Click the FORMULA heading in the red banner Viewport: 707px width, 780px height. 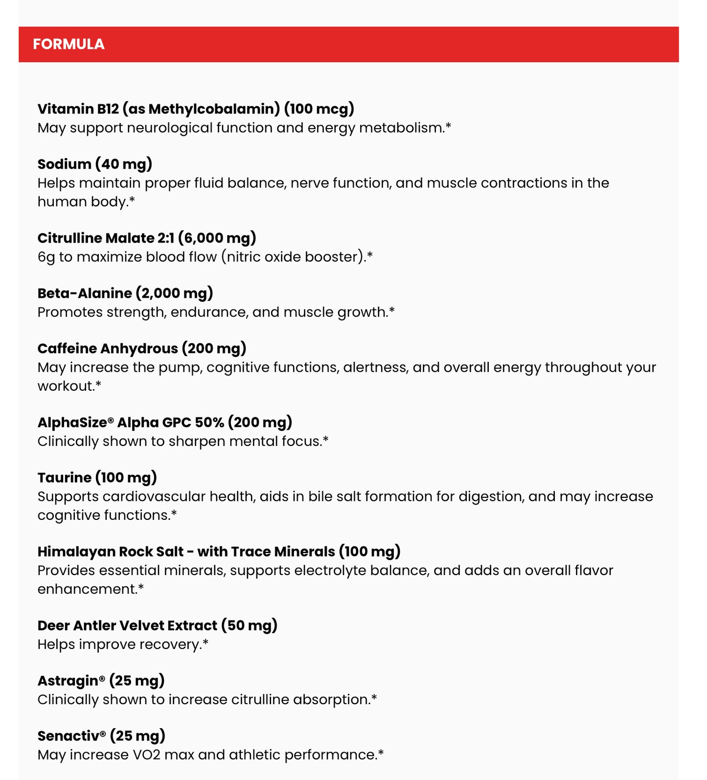pos(68,45)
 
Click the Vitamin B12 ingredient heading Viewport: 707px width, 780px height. pos(196,109)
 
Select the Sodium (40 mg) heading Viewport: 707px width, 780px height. pos(95,164)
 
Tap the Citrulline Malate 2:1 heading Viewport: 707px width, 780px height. pos(147,238)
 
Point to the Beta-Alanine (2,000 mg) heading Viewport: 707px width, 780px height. pos(125,293)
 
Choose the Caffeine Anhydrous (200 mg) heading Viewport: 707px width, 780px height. pos(142,349)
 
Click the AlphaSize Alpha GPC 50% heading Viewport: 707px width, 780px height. pos(165,423)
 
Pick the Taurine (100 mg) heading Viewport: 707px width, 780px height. pos(97,478)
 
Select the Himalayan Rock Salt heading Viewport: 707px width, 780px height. pos(219,552)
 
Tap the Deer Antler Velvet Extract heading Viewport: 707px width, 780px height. pos(158,625)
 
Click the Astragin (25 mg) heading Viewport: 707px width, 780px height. pos(101,681)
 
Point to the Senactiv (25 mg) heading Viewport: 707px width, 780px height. pos(101,736)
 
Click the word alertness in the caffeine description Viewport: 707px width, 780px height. pos(375,368)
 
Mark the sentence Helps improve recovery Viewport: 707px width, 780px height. pos(123,645)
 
